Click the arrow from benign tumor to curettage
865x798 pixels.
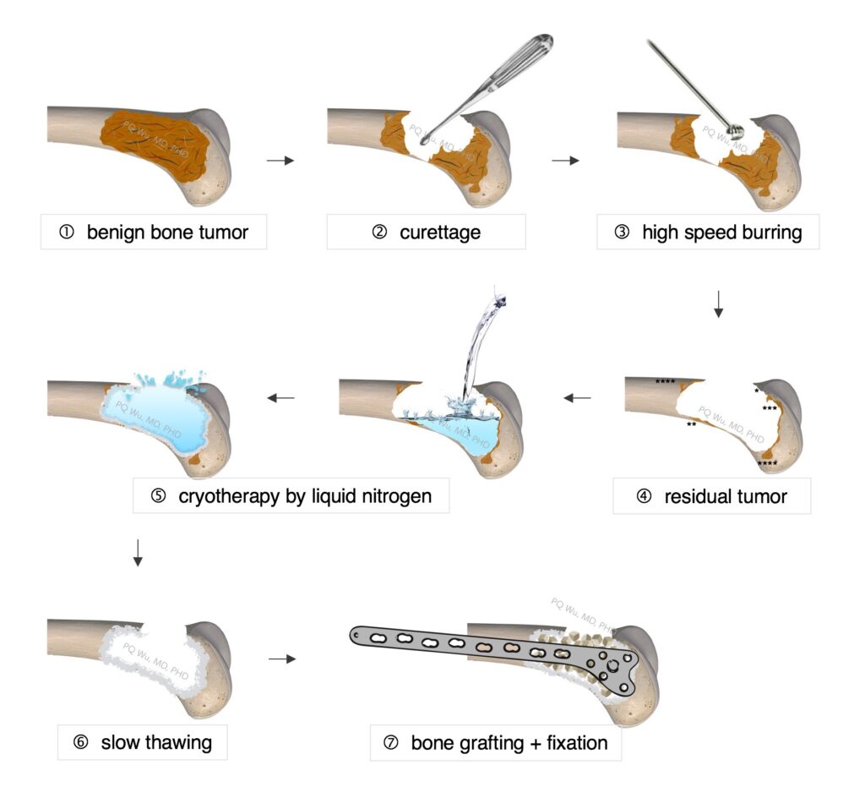280,160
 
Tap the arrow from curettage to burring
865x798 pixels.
565,160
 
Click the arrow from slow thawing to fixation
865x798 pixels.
282,659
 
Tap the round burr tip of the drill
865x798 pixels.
737,130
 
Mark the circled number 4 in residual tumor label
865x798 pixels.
645,496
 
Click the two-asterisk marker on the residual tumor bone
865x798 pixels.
691,424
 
